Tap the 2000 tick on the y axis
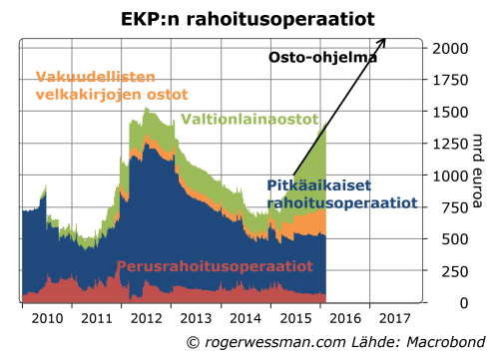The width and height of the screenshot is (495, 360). click(451, 48)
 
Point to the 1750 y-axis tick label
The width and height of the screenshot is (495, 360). click(451, 80)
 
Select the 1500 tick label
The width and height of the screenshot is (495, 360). click(451, 112)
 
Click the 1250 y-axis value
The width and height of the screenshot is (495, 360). click(451, 144)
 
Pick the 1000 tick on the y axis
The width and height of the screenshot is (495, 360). click(451, 176)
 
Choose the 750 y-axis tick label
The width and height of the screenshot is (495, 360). click(455, 207)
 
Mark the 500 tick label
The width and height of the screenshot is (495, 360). click(455, 239)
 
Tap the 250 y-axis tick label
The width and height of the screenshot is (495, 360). click(455, 271)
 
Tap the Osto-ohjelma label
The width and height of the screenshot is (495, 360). click(323, 58)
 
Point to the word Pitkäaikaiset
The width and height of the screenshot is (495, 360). click(317, 184)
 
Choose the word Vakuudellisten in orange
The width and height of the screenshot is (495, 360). click(94, 77)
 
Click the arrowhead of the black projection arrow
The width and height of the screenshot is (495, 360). click(383, 41)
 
